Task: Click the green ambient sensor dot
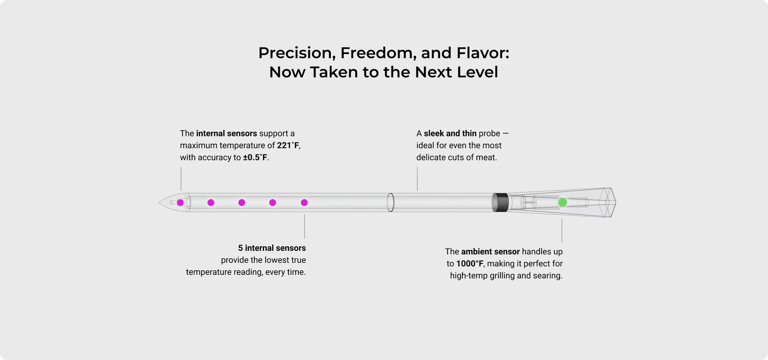562,202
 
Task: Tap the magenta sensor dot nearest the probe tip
180,203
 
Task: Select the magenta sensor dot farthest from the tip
304,203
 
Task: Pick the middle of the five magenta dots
242,203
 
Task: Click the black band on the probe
500,202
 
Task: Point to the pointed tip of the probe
159,202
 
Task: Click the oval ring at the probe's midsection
391,202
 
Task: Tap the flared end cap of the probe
608,202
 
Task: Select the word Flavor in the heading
483,53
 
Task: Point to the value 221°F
288,146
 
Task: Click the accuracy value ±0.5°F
255,158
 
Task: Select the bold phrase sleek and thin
450,134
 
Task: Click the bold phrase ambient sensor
490,252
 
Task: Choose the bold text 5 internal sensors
272,248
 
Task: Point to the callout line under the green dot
562,230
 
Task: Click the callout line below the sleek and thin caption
417,179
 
